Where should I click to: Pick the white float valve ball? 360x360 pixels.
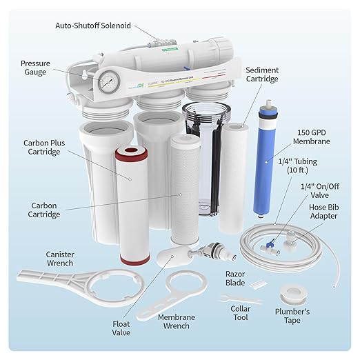click(x=165, y=259)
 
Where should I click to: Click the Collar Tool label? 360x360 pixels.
click(x=240, y=314)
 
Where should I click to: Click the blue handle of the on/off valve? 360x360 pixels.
click(x=274, y=241)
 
